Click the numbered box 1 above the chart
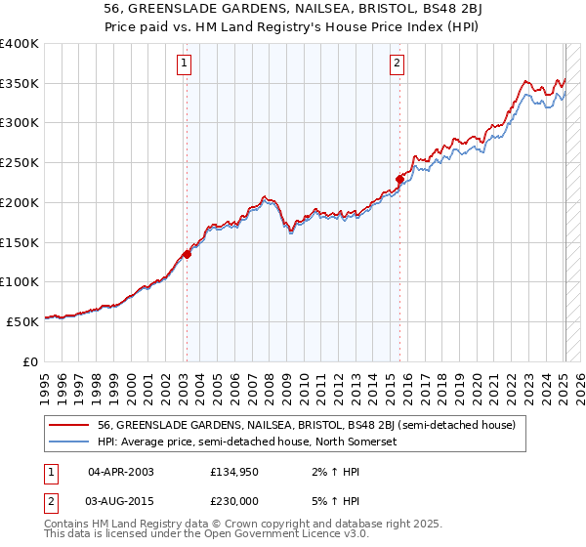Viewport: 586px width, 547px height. click(x=185, y=65)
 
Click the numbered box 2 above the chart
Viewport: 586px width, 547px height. click(x=398, y=65)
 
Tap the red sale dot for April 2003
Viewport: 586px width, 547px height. click(x=187, y=254)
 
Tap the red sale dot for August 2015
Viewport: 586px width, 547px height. click(x=399, y=179)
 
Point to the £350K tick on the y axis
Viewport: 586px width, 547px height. click(x=20, y=84)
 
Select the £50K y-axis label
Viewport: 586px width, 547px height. click(x=23, y=321)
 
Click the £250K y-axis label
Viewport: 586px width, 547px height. click(x=20, y=163)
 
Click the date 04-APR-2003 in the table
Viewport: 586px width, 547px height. click(x=121, y=472)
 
